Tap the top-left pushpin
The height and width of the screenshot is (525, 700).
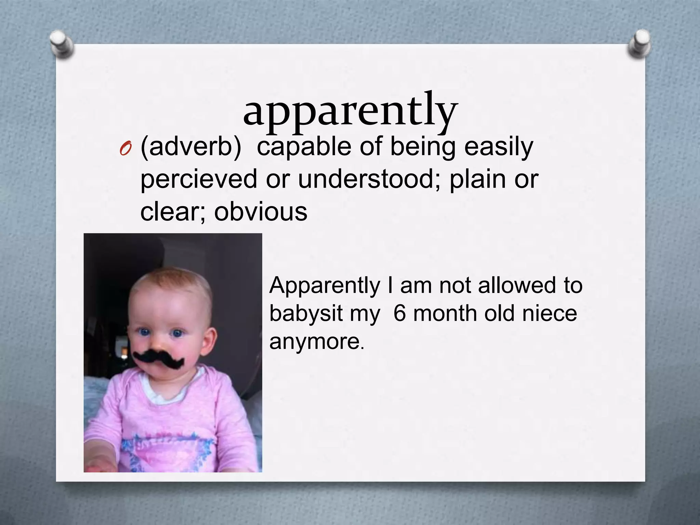(62, 43)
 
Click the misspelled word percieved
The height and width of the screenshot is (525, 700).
(199, 179)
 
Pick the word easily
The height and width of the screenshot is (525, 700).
(499, 148)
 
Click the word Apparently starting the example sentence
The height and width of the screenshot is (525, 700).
(325, 286)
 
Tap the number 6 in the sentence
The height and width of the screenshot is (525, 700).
(400, 313)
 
